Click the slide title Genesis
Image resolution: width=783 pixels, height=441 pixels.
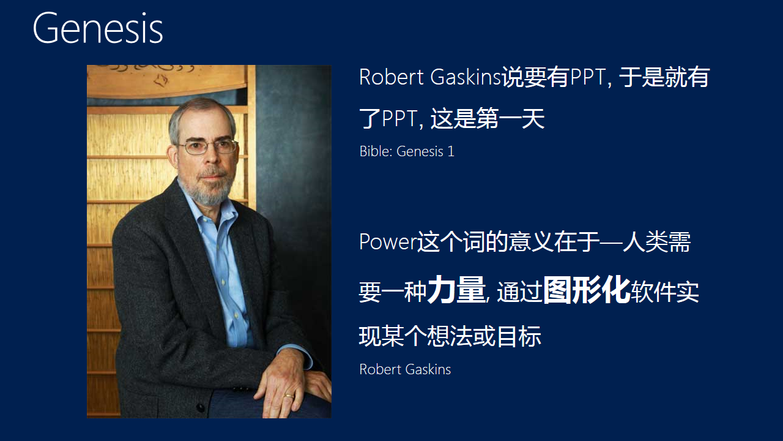pos(98,28)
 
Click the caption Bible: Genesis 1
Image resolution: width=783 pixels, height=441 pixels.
pos(407,151)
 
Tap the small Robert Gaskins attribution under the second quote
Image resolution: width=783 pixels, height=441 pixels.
pos(405,369)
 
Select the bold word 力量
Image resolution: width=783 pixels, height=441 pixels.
pos(456,290)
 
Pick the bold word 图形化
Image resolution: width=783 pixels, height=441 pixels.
pos(586,290)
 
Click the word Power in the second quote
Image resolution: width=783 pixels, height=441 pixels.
pos(387,242)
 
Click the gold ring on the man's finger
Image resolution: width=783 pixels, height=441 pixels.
pos(288,396)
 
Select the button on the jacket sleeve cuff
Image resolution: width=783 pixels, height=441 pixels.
pos(200,406)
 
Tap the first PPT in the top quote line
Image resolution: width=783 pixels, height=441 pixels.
pos(587,77)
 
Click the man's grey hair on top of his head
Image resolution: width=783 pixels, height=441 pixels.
pos(199,110)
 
